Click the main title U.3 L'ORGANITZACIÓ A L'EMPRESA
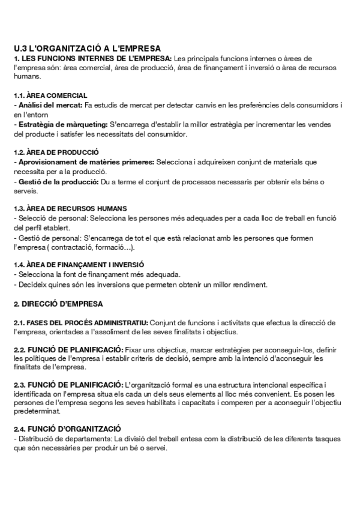point(88,48)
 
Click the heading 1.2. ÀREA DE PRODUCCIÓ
point(56,152)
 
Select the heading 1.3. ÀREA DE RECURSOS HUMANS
point(70,209)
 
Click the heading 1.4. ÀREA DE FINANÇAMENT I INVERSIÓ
point(79,265)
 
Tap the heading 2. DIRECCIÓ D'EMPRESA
point(58,303)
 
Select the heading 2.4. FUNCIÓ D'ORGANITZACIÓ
point(67,429)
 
